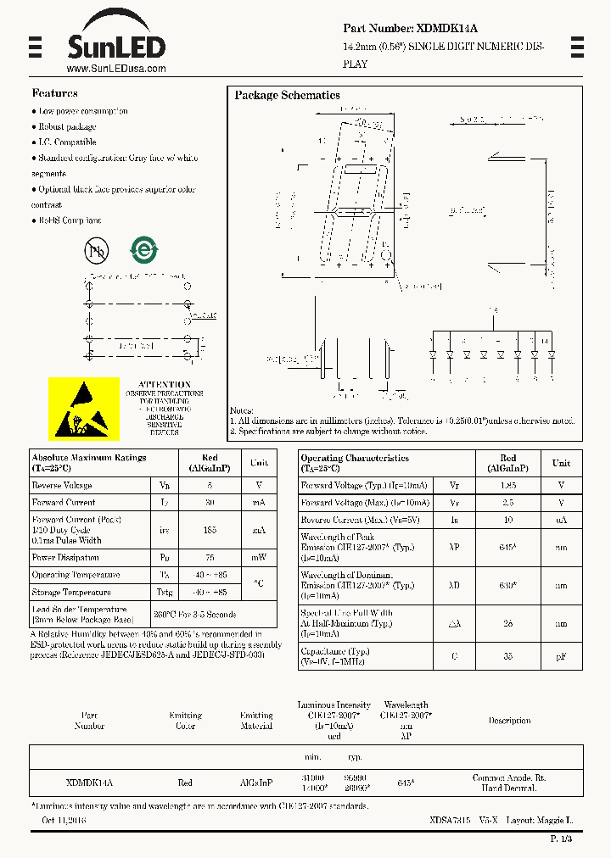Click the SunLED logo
[x=115, y=39]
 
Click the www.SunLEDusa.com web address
[x=115, y=69]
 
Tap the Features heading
[x=54, y=93]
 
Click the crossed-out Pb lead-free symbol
[x=96, y=250]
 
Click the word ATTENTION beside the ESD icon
[x=165, y=384]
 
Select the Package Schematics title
[x=287, y=96]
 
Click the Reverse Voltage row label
[x=62, y=486]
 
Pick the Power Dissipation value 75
[x=210, y=558]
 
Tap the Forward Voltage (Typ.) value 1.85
[x=507, y=486]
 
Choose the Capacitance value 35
[x=507, y=655]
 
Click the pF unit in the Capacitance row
[x=561, y=655]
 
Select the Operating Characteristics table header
[x=355, y=463]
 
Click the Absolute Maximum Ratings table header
[x=88, y=463]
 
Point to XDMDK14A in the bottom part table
[x=89, y=783]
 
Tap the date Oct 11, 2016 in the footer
[x=64, y=821]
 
